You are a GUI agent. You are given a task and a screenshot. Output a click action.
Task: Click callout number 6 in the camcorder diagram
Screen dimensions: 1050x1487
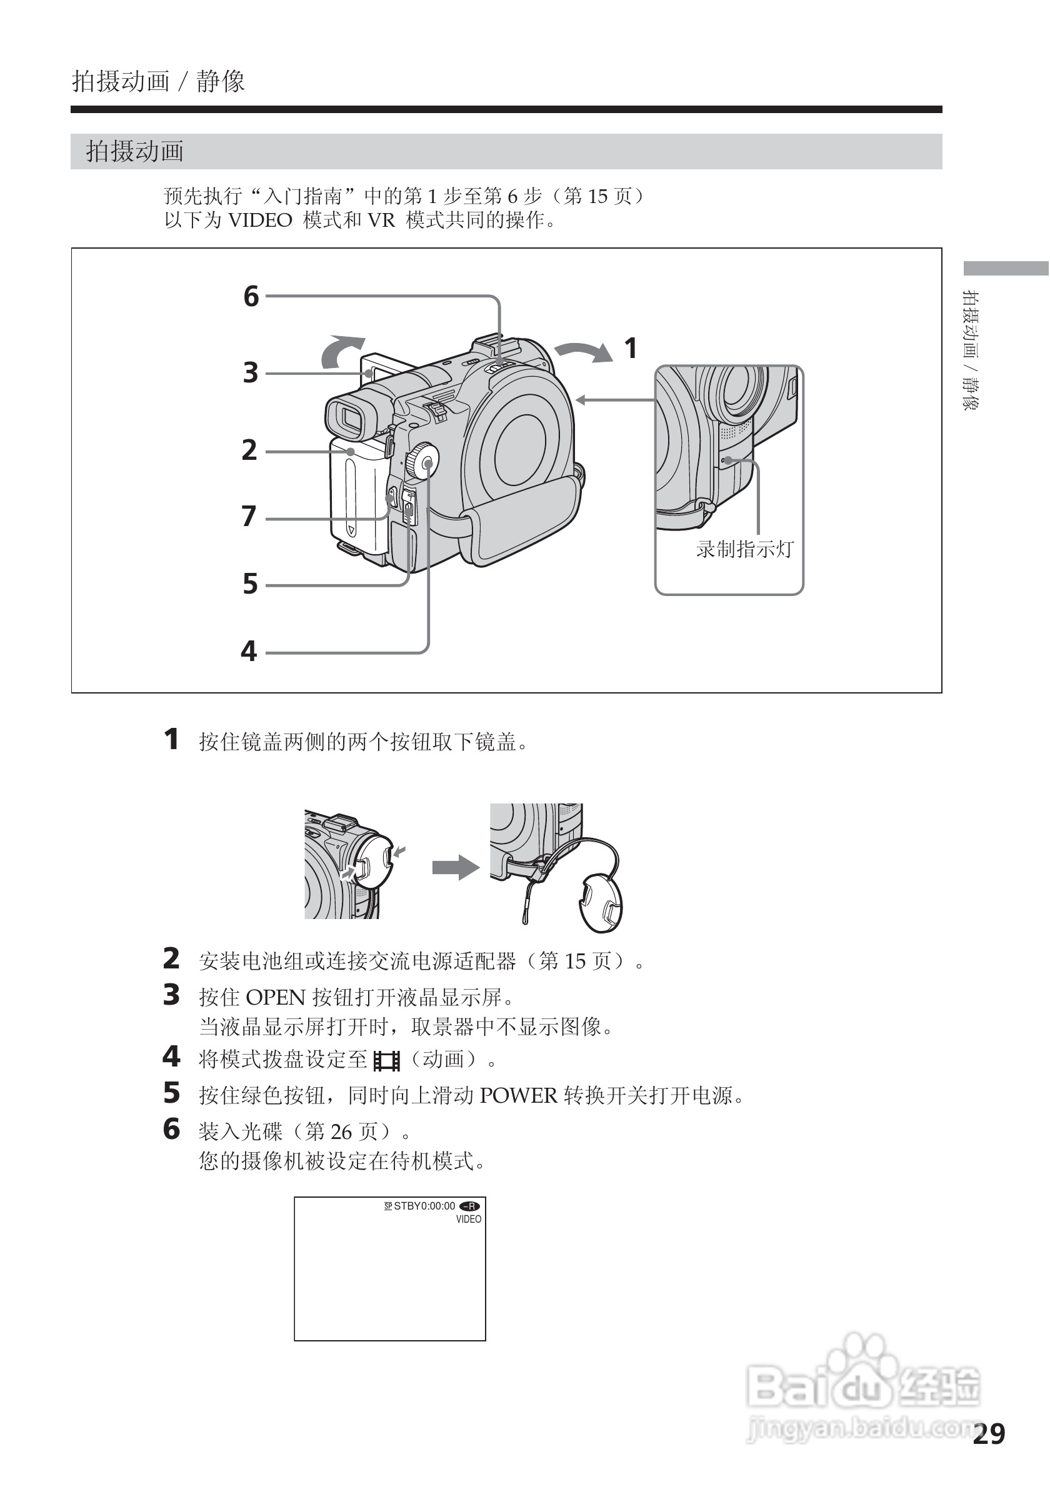(x=251, y=296)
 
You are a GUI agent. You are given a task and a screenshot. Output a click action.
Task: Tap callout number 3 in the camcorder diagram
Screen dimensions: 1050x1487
(x=250, y=373)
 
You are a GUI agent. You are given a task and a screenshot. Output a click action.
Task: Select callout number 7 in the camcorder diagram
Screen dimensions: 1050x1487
(x=249, y=516)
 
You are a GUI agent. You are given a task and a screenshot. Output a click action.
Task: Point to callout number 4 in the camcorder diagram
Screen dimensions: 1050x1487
(x=249, y=651)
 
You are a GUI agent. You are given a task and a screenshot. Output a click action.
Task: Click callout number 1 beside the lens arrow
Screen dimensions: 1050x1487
(x=630, y=349)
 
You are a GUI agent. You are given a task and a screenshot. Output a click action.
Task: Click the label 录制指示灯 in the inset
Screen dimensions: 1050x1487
(x=744, y=549)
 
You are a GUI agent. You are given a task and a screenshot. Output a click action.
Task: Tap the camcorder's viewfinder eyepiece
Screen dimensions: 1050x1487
(x=351, y=417)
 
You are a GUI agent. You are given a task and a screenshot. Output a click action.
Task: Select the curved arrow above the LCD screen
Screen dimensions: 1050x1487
(x=341, y=350)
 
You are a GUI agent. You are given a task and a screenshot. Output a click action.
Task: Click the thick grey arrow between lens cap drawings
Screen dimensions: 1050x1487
(x=456, y=867)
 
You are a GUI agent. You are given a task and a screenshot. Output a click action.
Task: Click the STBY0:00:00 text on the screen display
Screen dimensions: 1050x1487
(x=424, y=1206)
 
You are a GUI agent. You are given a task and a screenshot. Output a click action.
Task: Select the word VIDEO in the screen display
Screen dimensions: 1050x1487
(x=468, y=1220)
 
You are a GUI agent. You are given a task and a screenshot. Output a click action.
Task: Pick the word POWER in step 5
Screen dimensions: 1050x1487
(x=518, y=1096)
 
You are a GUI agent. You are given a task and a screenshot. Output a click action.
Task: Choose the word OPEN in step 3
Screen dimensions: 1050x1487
(x=275, y=997)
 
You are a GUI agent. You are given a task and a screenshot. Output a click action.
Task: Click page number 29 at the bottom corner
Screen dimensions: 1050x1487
(x=989, y=1434)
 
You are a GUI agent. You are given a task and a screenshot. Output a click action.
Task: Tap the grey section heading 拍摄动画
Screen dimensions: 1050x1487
(x=135, y=152)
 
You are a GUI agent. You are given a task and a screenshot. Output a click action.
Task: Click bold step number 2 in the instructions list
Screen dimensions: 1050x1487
(x=171, y=959)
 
